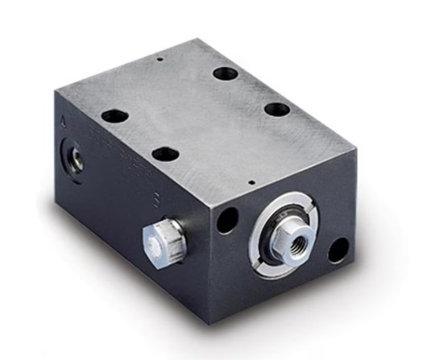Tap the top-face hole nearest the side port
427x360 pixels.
click(x=114, y=114)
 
